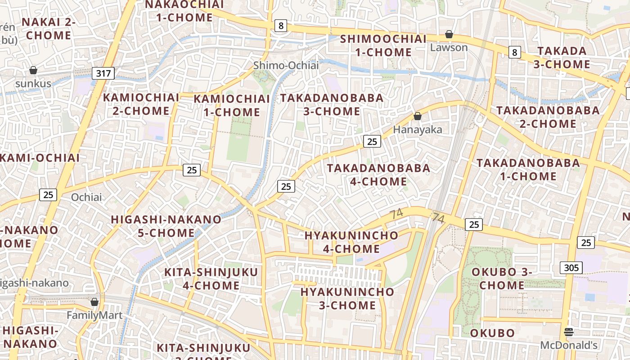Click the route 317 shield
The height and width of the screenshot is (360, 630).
point(103,73)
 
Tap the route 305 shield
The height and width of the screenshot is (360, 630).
point(571,268)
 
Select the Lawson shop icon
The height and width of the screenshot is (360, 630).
point(449,34)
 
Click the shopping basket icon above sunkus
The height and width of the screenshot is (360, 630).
point(33,70)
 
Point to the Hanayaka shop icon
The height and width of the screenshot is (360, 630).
point(418,116)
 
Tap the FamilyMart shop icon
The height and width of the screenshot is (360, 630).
point(94,302)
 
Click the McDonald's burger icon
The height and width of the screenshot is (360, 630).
point(569,332)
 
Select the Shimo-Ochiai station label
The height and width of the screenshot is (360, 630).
point(286,66)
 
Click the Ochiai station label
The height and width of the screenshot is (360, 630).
point(86,197)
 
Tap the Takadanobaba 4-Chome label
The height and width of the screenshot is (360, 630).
point(378,175)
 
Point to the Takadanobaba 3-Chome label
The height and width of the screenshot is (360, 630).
point(332,104)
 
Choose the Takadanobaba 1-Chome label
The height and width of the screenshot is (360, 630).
point(528,169)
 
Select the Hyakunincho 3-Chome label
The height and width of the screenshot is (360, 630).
point(347,298)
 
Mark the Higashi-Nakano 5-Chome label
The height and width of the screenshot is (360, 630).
point(166,226)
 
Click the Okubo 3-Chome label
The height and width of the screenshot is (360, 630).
point(502,279)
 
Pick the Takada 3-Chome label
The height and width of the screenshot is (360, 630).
point(562,58)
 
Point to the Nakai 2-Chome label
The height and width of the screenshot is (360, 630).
point(49,28)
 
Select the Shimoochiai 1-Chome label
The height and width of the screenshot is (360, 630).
point(383,45)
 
